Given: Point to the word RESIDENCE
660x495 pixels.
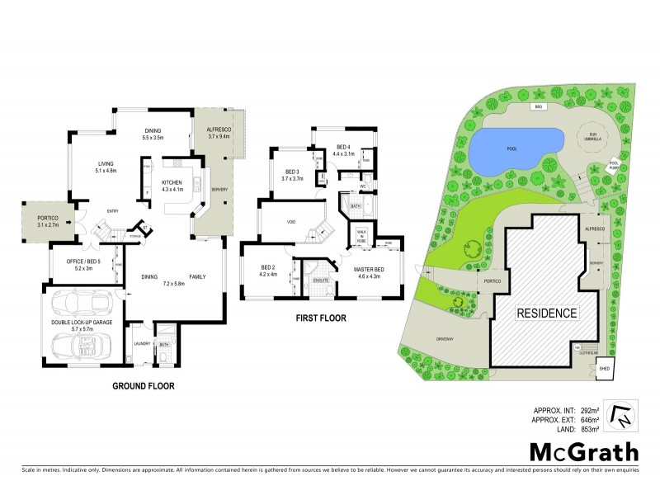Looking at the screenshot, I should (x=544, y=313).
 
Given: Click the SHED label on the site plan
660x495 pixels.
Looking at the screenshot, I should (x=603, y=369).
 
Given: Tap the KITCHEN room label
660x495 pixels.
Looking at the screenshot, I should (x=172, y=181).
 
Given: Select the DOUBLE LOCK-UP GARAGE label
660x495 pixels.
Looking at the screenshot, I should (x=81, y=324).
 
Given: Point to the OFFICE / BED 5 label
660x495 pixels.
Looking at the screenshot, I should (x=82, y=263).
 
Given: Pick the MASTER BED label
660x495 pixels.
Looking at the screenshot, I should (x=368, y=270).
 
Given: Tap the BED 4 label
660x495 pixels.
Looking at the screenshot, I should (x=343, y=148).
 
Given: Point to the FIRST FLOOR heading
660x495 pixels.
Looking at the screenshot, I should (x=322, y=318).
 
